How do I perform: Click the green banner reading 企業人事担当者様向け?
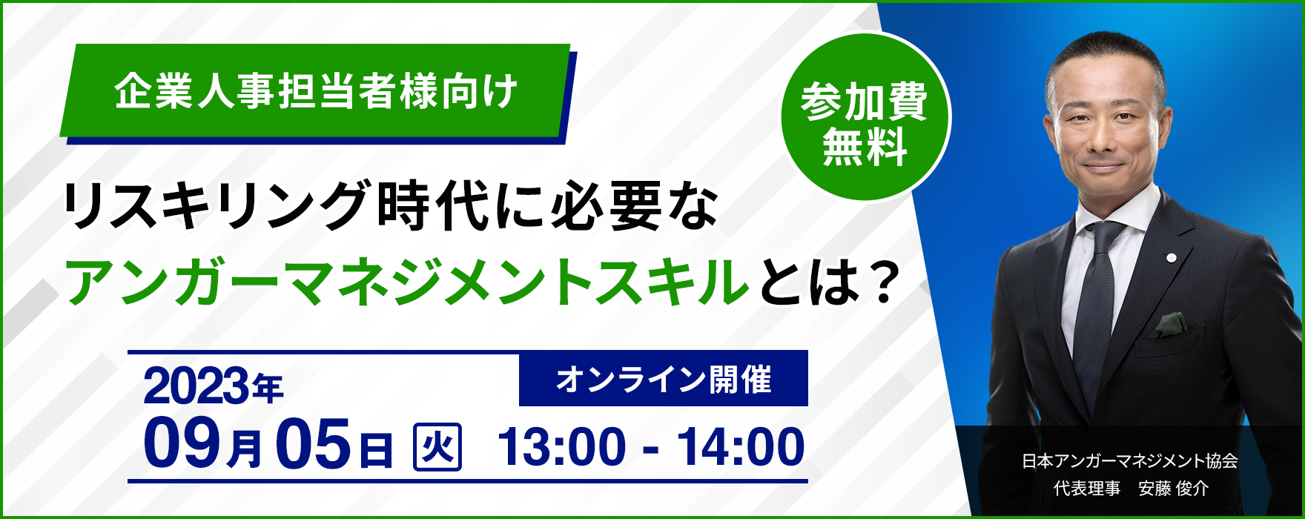[x=315, y=90]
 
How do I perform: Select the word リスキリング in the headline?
[x=219, y=205]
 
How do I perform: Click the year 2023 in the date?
[x=196, y=386]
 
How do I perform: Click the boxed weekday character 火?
[x=437, y=446]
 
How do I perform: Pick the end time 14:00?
[x=741, y=447]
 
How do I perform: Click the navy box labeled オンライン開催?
[x=664, y=379]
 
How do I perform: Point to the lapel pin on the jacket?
[x=1171, y=257]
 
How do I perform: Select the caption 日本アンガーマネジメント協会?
[x=1130, y=461]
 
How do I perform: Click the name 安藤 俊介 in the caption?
[x=1173, y=489]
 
